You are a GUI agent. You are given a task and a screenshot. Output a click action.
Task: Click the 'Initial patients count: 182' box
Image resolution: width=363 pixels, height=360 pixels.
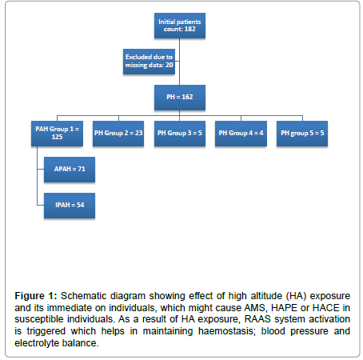coord(180,26)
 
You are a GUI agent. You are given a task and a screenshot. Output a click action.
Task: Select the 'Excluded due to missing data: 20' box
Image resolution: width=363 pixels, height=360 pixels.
coord(149,62)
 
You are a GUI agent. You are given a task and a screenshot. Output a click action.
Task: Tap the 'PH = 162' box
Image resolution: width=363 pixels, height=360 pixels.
coord(180,98)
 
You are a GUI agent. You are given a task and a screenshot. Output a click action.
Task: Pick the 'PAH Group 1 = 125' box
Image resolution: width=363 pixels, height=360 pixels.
coord(57,134)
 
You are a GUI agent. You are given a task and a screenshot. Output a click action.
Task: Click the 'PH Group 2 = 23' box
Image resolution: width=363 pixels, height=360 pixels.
coord(118,134)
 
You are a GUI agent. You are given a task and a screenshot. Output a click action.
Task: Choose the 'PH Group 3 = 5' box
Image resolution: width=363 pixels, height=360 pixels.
coord(180,134)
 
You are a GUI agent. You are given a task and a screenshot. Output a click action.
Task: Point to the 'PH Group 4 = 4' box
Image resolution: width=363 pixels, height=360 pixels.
coord(241,134)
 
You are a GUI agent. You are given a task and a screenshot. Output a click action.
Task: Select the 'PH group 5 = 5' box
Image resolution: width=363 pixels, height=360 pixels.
coord(302,134)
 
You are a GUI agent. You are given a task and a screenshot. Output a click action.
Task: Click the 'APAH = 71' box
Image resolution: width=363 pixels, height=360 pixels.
coord(70,170)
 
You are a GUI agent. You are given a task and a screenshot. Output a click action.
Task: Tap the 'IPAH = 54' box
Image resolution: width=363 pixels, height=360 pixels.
coord(70,206)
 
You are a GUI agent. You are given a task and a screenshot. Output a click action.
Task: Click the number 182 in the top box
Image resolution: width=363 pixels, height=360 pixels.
coord(189,29)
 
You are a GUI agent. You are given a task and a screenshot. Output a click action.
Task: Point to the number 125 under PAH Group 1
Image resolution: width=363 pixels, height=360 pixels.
coord(57,137)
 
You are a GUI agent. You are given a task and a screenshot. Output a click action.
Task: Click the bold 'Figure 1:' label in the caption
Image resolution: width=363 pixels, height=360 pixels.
coord(36,296)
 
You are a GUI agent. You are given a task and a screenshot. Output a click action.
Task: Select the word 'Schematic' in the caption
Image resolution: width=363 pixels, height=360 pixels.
coord(84,296)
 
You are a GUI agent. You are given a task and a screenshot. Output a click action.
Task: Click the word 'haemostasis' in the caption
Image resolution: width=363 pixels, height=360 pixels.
coord(227,331)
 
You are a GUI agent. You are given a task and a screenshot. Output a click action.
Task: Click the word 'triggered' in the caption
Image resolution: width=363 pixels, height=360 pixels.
coord(46,331)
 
